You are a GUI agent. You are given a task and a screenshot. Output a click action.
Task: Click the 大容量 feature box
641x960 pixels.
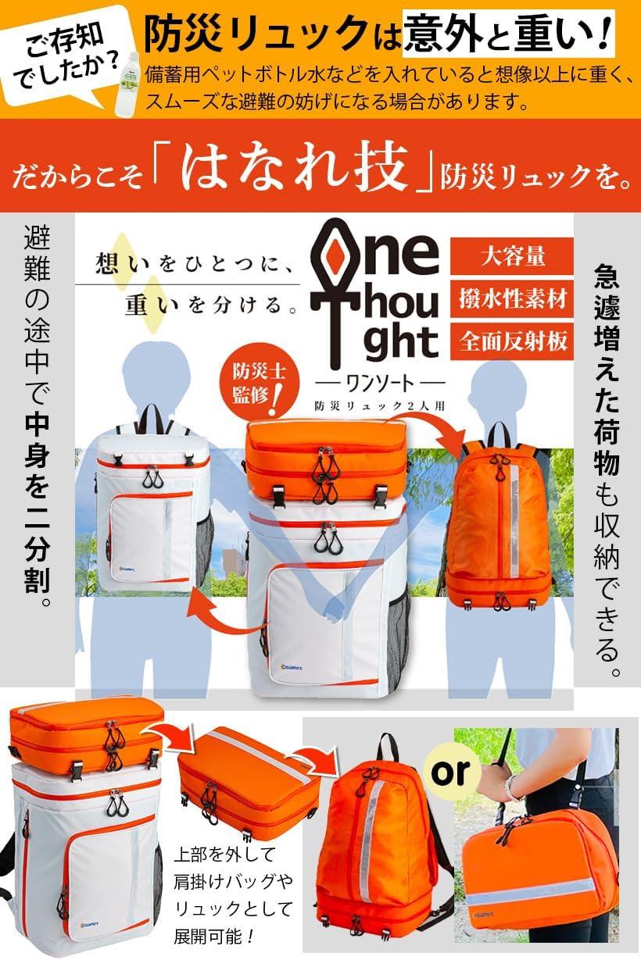click(x=514, y=256)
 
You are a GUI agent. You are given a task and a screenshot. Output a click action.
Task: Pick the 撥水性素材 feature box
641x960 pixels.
click(x=514, y=300)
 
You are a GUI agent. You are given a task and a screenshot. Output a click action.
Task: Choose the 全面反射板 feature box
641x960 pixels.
click(x=514, y=342)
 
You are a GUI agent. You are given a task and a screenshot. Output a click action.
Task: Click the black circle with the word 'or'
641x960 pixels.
click(x=453, y=772)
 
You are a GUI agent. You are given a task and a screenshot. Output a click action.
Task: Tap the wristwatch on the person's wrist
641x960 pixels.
click(x=513, y=787)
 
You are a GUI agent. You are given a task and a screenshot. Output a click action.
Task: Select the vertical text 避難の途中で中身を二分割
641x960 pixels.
click(x=37, y=417)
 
